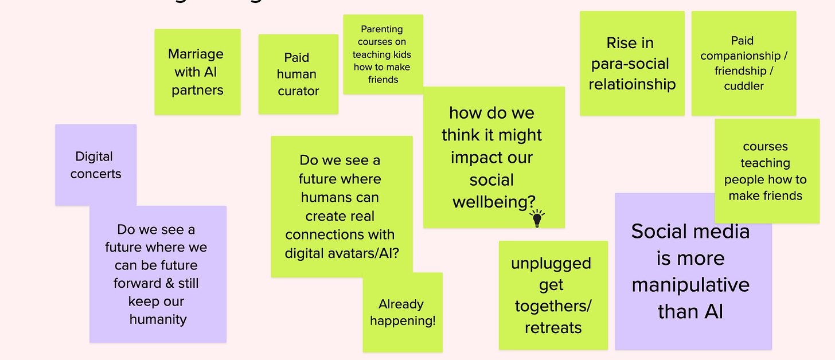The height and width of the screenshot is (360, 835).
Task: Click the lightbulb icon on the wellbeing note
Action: pyautogui.click(x=537, y=218)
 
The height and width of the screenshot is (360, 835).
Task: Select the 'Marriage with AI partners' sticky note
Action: pyautogui.click(x=197, y=72)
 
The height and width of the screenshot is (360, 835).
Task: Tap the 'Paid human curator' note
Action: pyautogui.click(x=298, y=75)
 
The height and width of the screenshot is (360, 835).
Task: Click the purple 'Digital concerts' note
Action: pyautogui.click(x=95, y=165)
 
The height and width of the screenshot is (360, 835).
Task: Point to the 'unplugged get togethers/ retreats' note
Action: pyautogui.click(x=553, y=295)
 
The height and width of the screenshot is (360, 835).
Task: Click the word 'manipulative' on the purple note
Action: pyautogui.click(x=690, y=285)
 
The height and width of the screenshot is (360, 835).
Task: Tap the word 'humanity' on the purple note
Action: pyautogui.click(x=158, y=319)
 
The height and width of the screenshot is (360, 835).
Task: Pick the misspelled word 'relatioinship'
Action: pyautogui.click(x=632, y=84)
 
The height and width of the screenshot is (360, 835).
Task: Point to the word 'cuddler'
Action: pyautogui.click(x=744, y=86)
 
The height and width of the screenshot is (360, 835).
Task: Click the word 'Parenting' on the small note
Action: pyautogui.click(x=382, y=29)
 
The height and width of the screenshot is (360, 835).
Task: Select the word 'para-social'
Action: pyautogui.click(x=630, y=64)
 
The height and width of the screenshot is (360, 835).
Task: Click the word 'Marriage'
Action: pyautogui.click(x=196, y=54)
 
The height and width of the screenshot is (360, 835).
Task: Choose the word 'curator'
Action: pyautogui.click(x=298, y=91)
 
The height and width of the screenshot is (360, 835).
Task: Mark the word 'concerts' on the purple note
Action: pyautogui.click(x=96, y=174)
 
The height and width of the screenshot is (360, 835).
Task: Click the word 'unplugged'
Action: pyautogui.click(x=551, y=263)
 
